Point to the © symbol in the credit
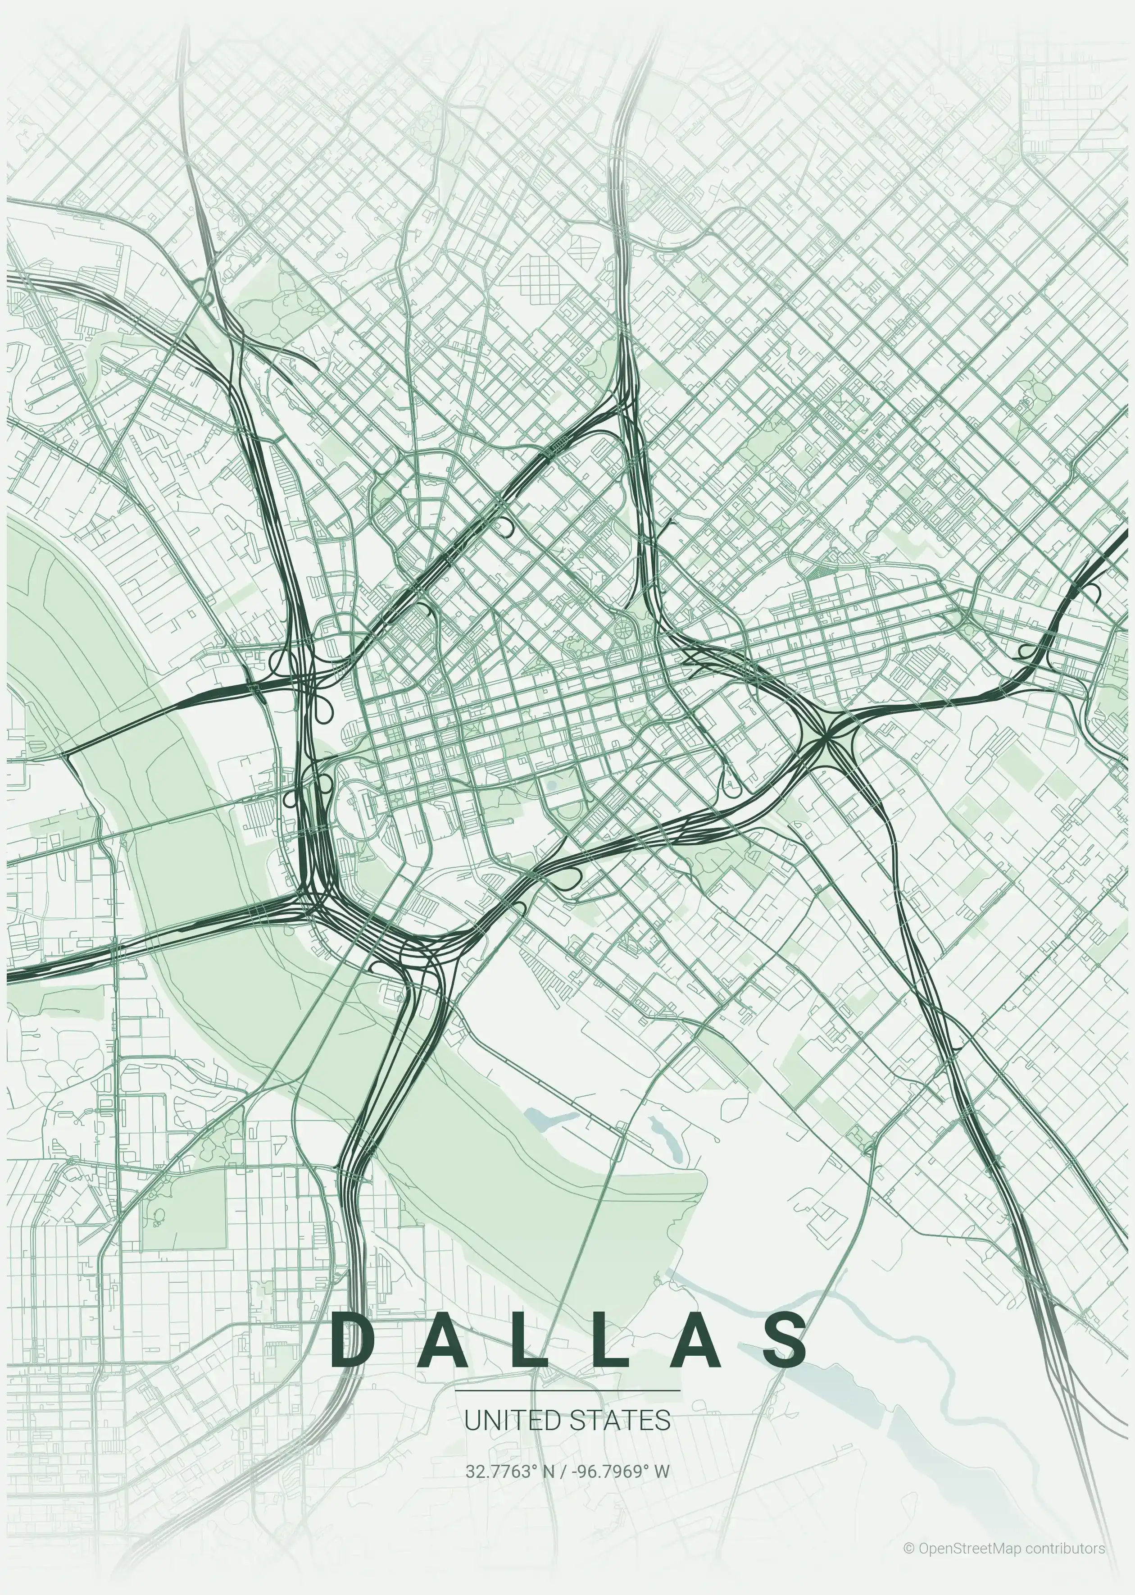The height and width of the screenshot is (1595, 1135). pyautogui.click(x=908, y=1543)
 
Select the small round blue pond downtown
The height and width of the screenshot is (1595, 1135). pyautogui.click(x=551, y=786)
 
